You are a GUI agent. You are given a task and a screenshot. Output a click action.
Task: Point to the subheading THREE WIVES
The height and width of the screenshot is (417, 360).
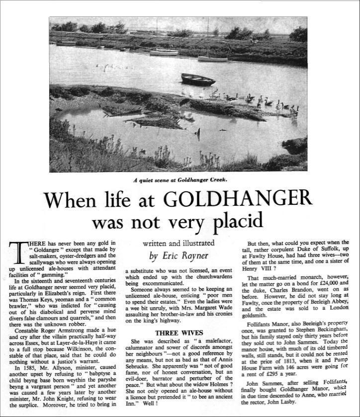(178, 332)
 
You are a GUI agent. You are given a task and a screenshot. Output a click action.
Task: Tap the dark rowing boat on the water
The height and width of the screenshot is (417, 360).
(197, 79)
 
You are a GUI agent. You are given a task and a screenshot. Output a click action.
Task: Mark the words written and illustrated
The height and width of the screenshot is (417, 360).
(179, 243)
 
